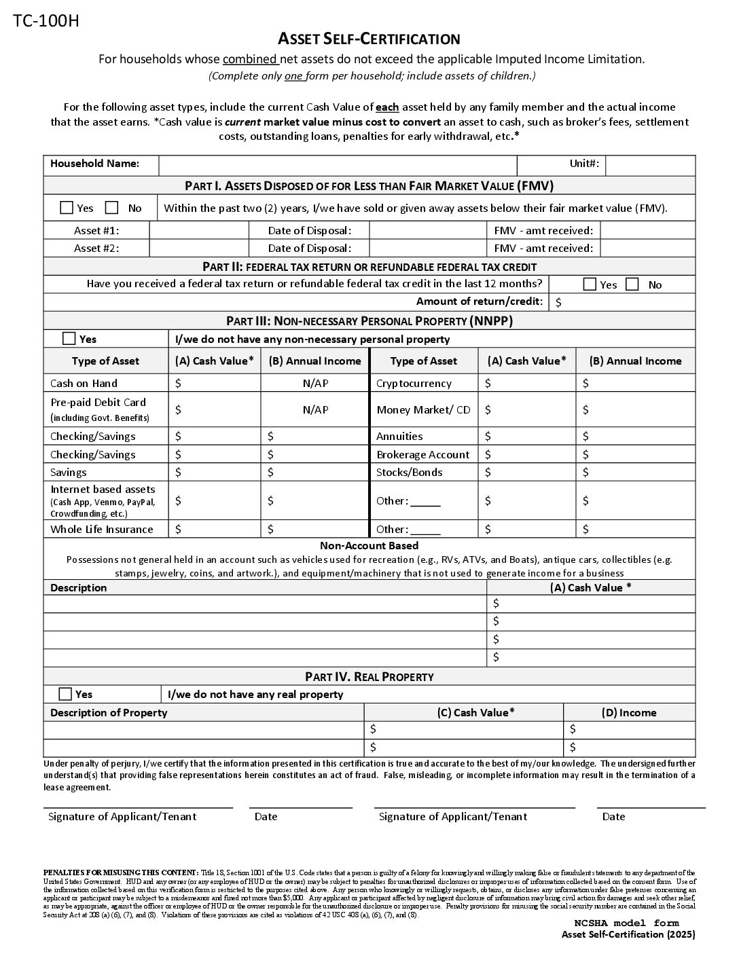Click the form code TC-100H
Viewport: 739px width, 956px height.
[46, 21]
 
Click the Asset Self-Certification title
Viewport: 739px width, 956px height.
[369, 39]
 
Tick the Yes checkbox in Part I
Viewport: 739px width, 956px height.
[67, 208]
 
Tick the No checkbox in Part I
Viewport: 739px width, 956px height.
[112, 208]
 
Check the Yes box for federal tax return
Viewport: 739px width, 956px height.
[590, 284]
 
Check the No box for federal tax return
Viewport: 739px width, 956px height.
[632, 284]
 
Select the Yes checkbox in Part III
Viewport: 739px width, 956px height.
[69, 338]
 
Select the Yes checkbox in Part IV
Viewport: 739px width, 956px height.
[65, 694]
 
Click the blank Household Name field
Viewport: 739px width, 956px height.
[338, 164]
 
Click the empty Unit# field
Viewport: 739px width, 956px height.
[649, 164]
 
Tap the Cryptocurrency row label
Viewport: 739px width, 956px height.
[414, 383]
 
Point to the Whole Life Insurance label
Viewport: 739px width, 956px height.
[102, 529]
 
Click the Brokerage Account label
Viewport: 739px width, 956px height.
[422, 454]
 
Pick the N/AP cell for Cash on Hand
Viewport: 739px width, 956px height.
[315, 383]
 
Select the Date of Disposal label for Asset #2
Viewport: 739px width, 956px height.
[309, 248]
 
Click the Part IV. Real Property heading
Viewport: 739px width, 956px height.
[369, 676]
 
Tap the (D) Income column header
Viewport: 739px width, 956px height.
[629, 712]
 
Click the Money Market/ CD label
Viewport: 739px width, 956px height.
[423, 409]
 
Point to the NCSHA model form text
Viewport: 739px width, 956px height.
[626, 923]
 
